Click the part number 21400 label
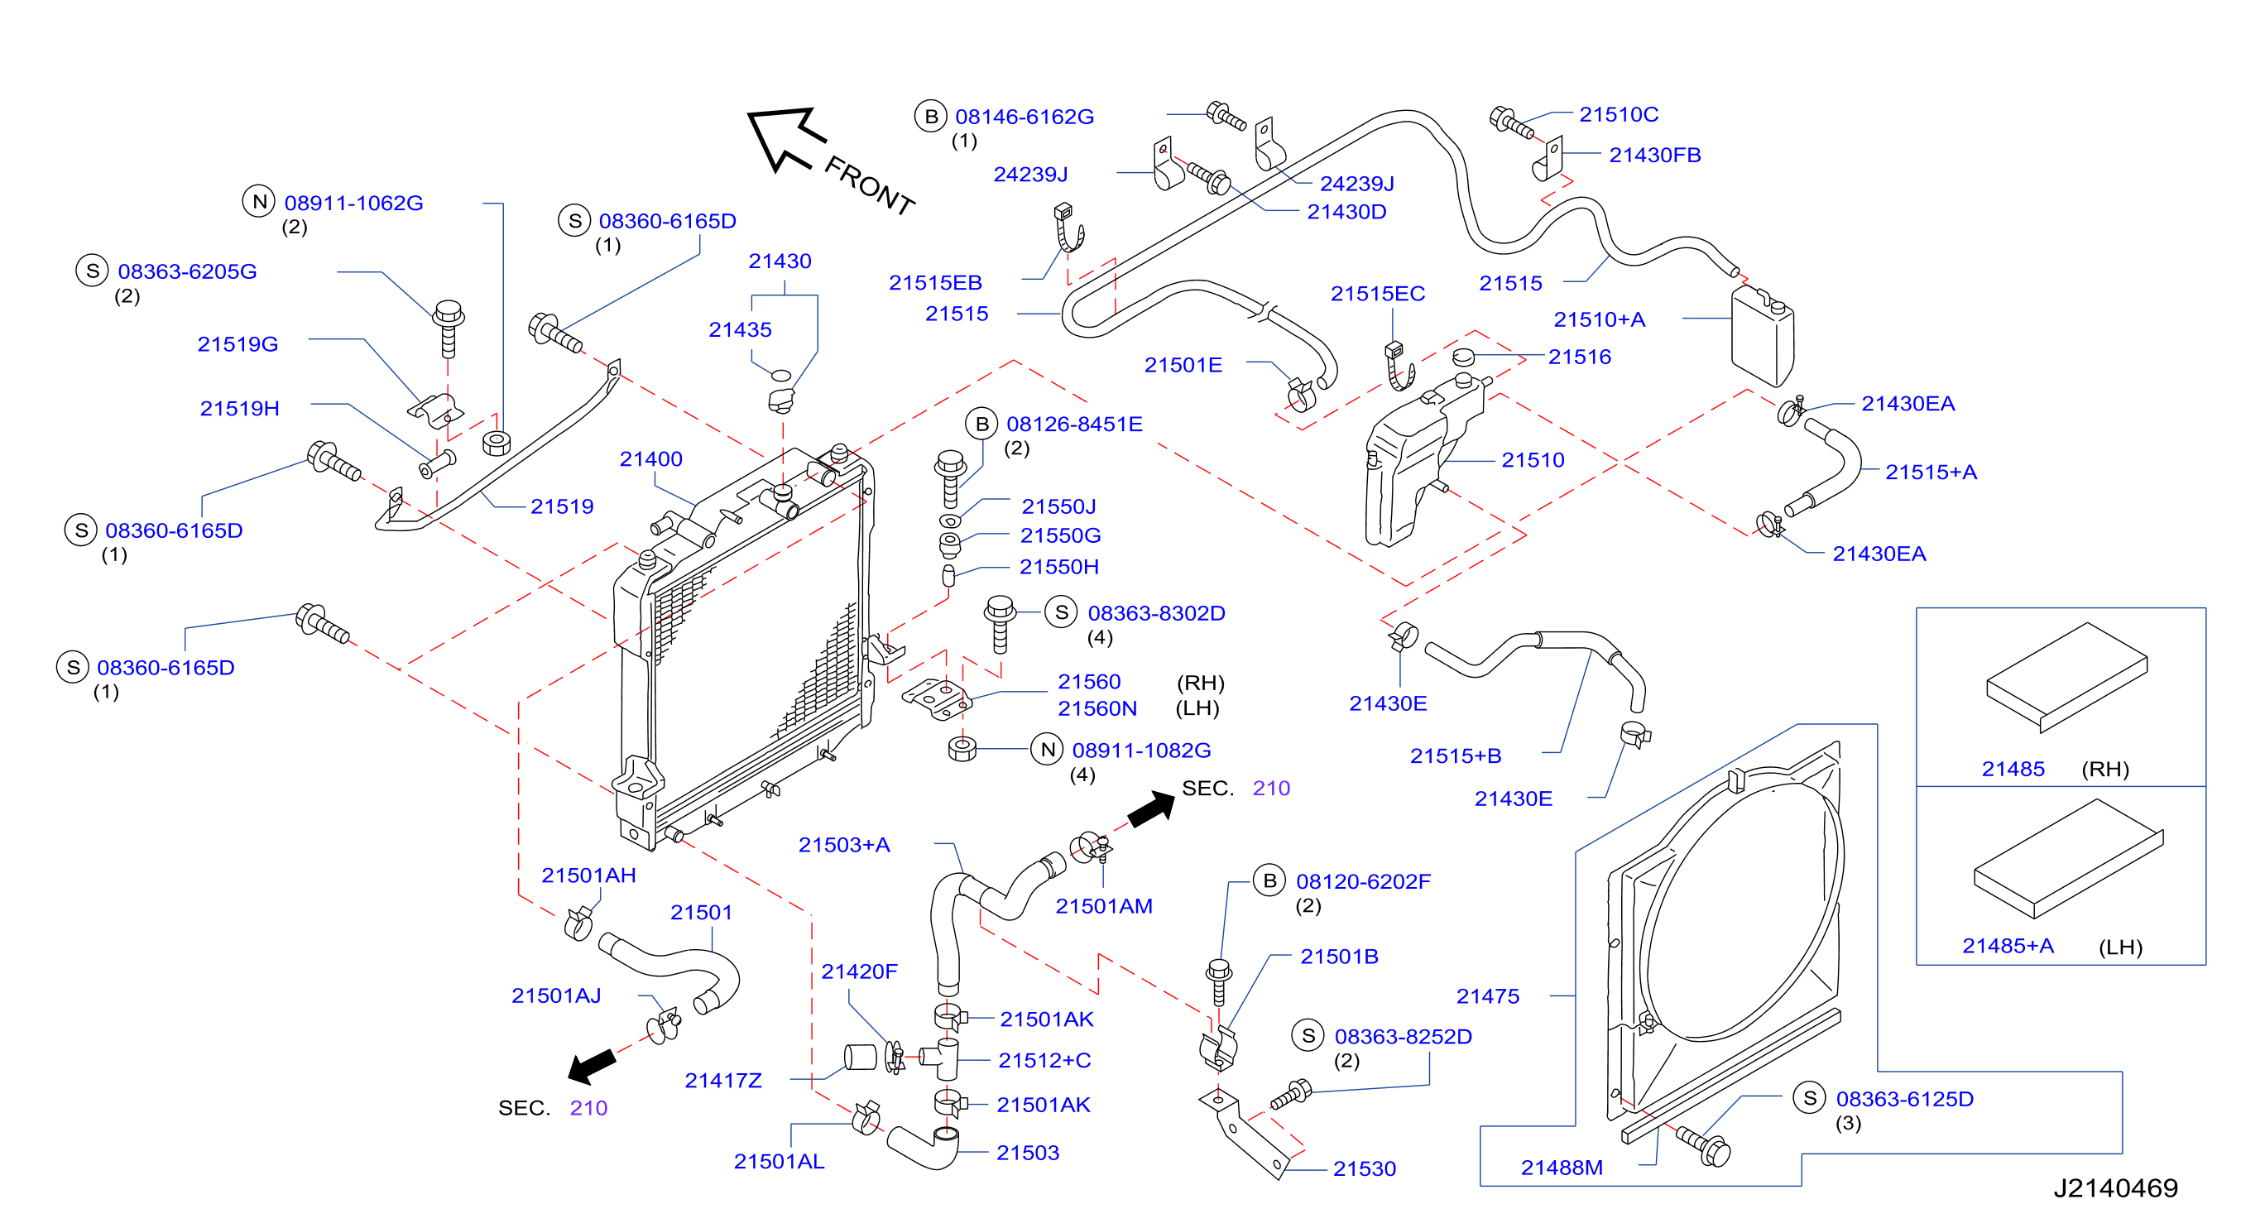point(650,459)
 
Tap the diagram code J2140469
point(2115,1188)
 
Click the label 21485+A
point(2008,946)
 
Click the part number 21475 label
point(1488,996)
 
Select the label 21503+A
point(844,845)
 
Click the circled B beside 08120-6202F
point(1269,880)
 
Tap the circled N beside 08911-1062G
point(259,202)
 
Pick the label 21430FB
point(1655,155)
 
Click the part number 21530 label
point(1365,1168)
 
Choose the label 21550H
point(1058,567)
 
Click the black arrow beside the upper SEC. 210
point(1151,808)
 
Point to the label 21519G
point(238,343)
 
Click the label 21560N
point(1097,708)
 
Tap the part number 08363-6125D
point(1904,1099)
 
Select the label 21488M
point(1562,1168)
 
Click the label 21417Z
point(722,1081)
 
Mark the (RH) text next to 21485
point(2105,769)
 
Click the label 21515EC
point(1378,294)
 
